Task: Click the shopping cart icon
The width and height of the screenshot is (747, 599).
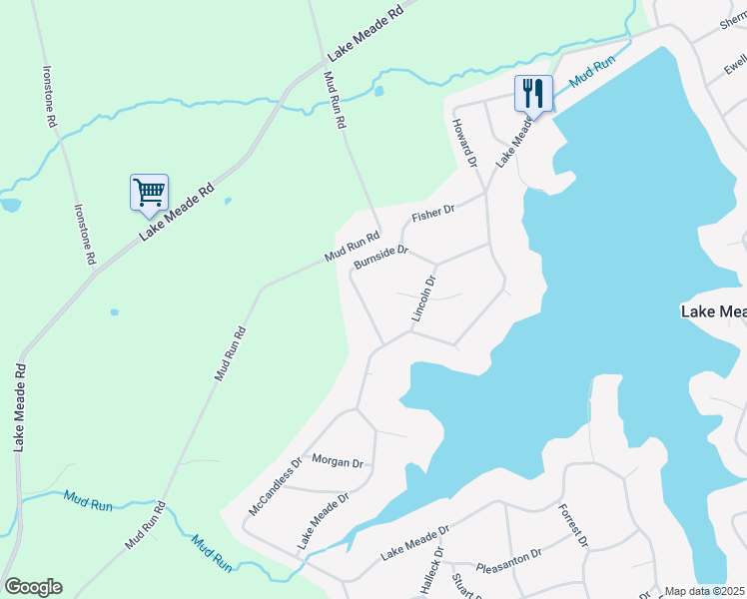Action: point(149,191)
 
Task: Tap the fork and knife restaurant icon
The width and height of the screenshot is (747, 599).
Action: point(533,94)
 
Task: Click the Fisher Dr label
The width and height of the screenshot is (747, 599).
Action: point(433,213)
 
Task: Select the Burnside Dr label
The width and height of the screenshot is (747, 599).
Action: point(380,257)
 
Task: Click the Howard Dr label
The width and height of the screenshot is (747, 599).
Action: point(464,141)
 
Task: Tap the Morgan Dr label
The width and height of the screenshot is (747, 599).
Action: point(337,461)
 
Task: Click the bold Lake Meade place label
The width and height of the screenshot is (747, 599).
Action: point(713,311)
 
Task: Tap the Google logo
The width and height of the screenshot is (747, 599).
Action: point(33,587)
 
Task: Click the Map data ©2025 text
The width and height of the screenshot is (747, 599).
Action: point(704,591)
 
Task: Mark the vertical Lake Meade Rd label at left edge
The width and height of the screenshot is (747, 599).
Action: point(19,407)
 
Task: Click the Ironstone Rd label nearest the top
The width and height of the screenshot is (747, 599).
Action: point(49,96)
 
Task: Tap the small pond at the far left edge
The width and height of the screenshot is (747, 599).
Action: point(10,205)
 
